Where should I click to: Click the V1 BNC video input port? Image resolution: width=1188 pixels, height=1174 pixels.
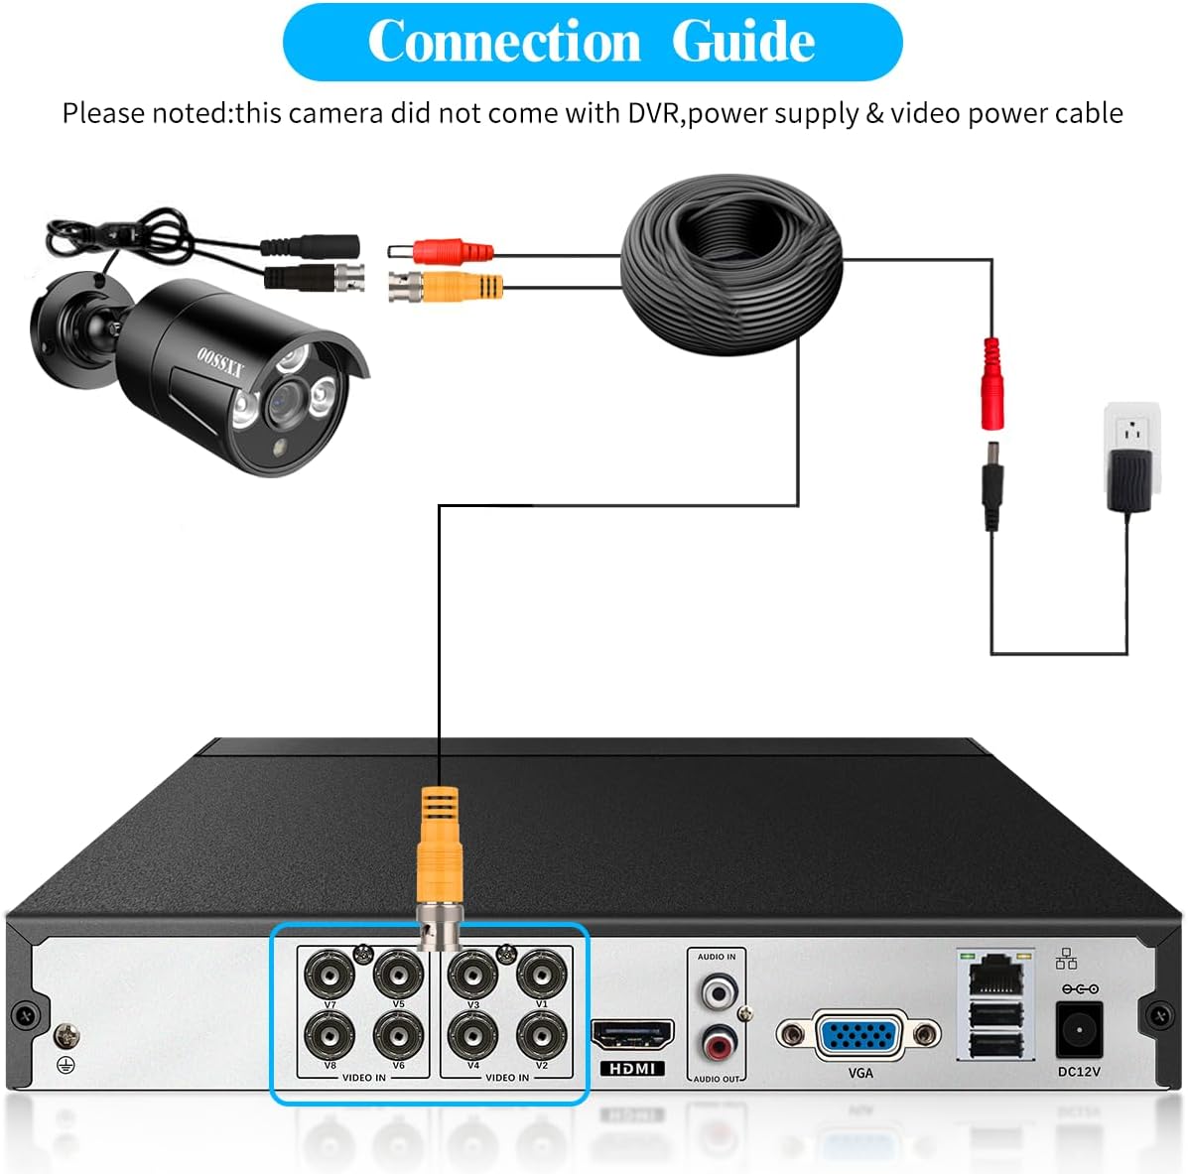542,975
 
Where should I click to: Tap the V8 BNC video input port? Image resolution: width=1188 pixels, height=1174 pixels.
330,1035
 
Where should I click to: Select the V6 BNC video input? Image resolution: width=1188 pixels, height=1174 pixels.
399,1035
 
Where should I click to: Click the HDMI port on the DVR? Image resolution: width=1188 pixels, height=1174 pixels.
632,1036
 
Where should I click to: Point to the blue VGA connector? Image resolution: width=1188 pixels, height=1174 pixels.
858,1035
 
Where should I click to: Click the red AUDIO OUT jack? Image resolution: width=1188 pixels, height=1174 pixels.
718,1044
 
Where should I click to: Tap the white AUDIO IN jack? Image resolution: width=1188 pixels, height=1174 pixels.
718,990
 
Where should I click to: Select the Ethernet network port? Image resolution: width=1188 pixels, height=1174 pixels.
994,977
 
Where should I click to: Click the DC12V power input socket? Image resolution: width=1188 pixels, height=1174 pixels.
1079,1029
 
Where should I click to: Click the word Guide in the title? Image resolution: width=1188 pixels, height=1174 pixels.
742,42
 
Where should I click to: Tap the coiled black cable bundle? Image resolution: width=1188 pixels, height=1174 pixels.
730,268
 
